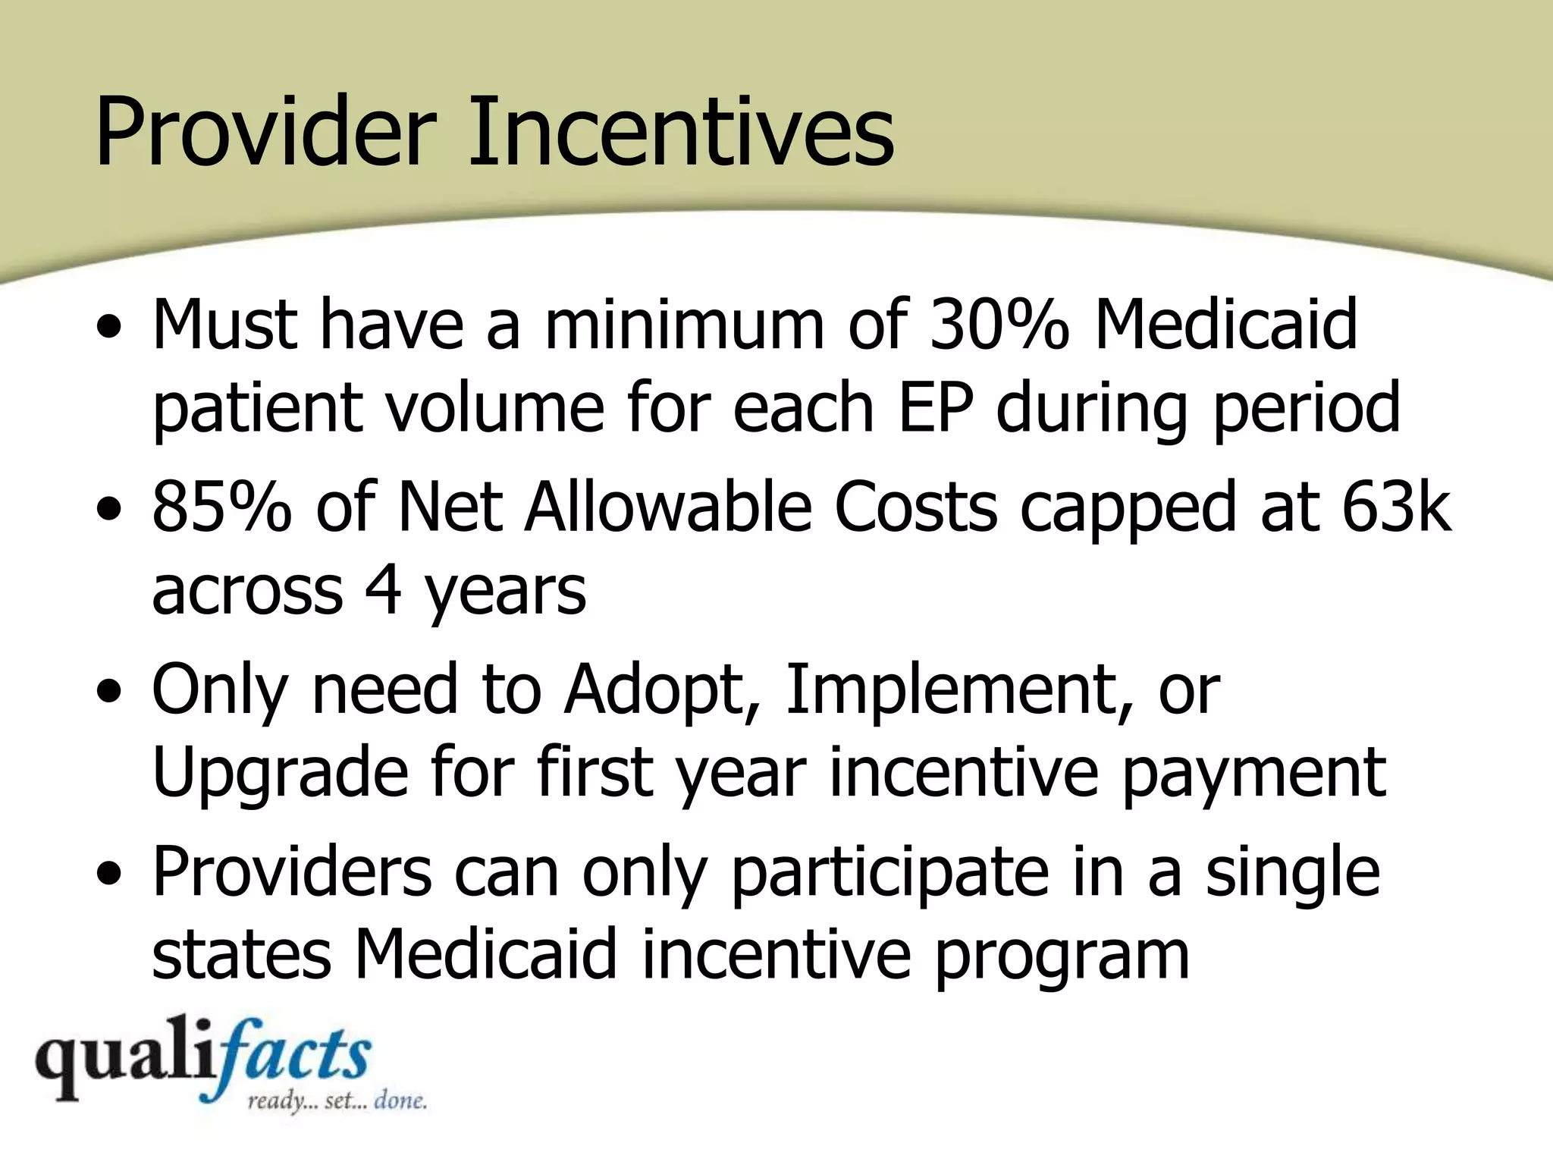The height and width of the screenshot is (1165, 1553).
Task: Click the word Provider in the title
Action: pos(265,130)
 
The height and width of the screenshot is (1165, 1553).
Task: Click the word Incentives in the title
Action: pos(681,130)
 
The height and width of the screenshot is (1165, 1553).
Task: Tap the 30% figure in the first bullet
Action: pos(999,325)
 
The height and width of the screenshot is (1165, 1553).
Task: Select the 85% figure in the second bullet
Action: pos(221,507)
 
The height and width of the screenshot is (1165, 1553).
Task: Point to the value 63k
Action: pos(1395,507)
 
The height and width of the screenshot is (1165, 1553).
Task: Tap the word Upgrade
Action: pos(281,774)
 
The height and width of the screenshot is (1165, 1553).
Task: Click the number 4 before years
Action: pos(382,590)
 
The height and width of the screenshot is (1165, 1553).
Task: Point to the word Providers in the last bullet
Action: pos(292,872)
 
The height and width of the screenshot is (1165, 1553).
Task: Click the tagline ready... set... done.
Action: pos(337,1101)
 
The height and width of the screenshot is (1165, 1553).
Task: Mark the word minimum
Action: pos(684,325)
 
